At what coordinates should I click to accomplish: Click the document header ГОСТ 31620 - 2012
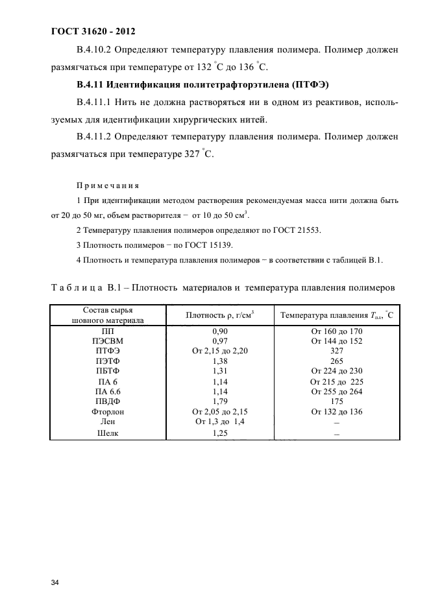(x=92, y=30)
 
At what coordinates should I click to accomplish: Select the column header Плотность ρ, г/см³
(x=220, y=316)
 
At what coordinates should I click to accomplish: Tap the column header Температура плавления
(x=336, y=316)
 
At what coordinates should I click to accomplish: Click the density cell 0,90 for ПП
(x=221, y=331)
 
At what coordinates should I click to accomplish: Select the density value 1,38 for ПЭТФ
(x=221, y=361)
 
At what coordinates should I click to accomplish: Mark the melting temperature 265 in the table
(x=336, y=361)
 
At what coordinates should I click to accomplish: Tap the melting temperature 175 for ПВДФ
(x=336, y=401)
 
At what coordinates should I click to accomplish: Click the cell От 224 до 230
(x=336, y=371)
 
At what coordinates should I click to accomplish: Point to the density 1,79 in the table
(x=221, y=401)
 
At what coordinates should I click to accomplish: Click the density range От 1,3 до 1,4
(x=221, y=422)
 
